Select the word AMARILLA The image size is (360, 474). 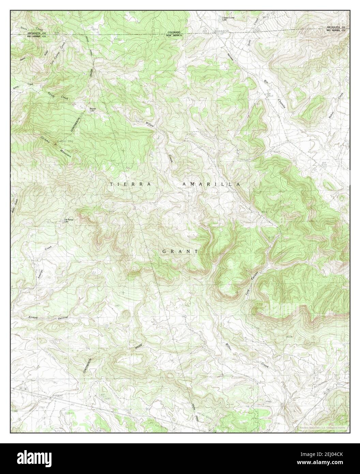[211, 184]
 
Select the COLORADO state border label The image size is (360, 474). [173, 32]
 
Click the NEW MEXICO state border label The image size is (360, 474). [174, 35]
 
